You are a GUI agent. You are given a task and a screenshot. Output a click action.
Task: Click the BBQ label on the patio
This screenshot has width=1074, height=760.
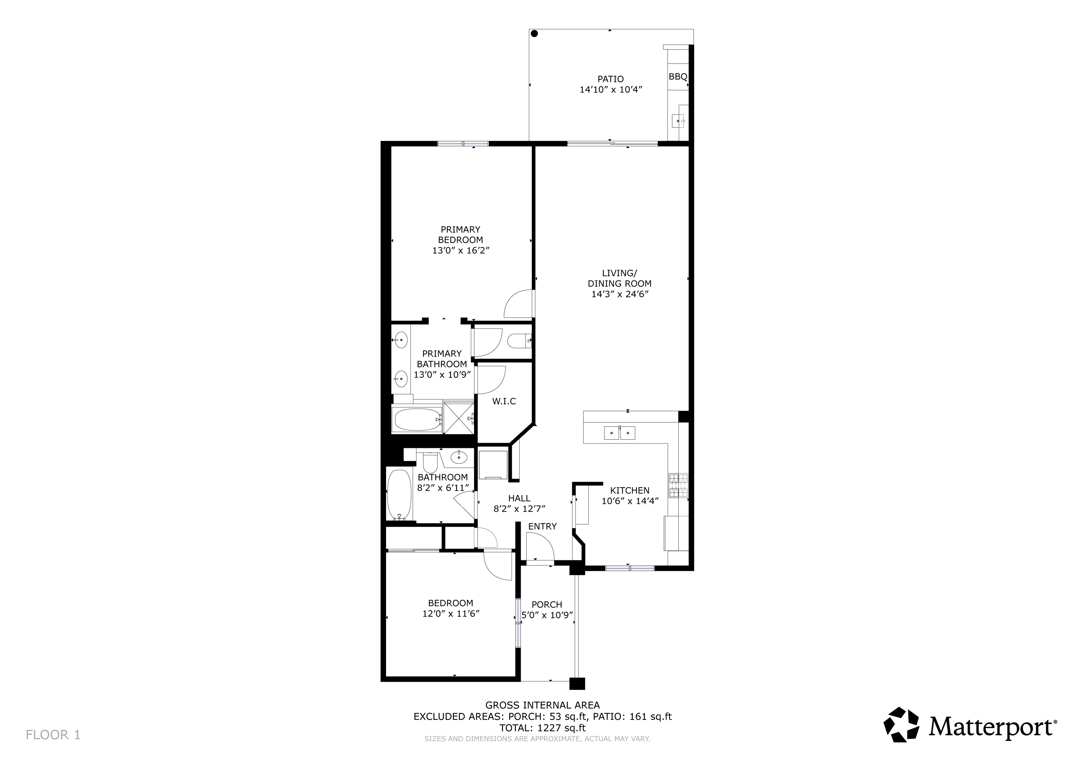pos(678,77)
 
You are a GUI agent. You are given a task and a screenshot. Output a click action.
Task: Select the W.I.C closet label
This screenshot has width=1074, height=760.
pos(504,401)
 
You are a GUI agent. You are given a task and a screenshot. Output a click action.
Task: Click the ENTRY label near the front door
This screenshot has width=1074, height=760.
pos(542,527)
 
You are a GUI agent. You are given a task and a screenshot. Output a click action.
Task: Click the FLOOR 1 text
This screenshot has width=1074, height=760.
pos(53,735)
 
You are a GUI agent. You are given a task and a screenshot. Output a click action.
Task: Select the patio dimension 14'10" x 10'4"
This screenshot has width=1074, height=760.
pos(610,90)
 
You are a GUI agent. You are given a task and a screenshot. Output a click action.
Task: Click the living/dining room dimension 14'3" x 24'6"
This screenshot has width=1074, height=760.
pos(619,294)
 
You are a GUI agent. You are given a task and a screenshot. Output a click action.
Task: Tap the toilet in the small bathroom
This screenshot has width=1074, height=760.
pos(430,463)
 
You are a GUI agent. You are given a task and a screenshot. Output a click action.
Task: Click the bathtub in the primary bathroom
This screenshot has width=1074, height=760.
pos(418,420)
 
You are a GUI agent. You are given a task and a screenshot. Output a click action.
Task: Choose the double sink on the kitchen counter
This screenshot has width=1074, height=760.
pos(619,433)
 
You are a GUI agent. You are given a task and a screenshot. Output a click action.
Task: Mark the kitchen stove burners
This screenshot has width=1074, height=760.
pos(678,485)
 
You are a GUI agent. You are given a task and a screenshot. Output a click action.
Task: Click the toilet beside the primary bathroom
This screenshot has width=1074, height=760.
pos(519,341)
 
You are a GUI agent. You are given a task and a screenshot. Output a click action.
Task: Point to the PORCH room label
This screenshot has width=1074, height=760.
pos(547,605)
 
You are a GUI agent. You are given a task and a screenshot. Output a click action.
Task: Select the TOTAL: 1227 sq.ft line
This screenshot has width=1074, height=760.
pos(543,728)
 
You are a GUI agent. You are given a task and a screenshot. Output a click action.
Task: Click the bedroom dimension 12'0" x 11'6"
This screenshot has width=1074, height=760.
pos(451,613)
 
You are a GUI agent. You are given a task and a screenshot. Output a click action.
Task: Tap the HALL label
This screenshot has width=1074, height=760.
pos(519,498)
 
